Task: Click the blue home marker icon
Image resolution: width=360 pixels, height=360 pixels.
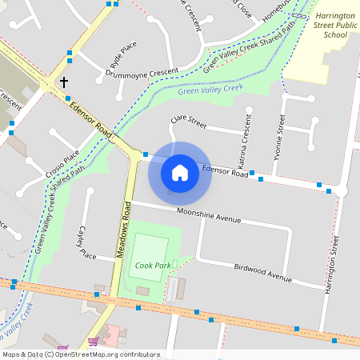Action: [x=180, y=172]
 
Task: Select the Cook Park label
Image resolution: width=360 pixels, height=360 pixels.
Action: [x=152, y=265]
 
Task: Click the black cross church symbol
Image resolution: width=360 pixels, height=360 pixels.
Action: [x=63, y=82]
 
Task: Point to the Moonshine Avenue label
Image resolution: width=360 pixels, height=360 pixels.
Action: [x=208, y=216]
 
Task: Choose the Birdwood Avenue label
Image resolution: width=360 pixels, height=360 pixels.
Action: [x=262, y=272]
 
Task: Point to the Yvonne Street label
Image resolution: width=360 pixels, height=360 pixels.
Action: [x=280, y=134]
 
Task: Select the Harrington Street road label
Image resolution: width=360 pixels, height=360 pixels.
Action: [x=333, y=265]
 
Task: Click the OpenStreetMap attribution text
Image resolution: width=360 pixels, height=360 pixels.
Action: [x=80, y=354]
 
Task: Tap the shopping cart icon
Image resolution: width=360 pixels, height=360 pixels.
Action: [x=93, y=342]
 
